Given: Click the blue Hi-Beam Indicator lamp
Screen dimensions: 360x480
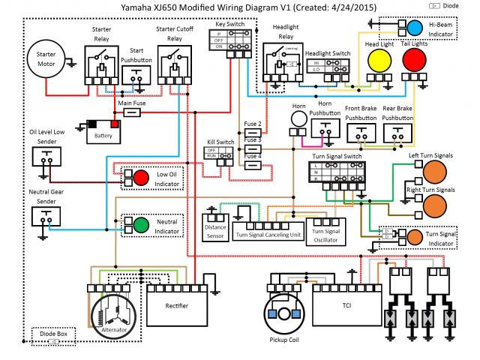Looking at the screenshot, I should tap(414, 28).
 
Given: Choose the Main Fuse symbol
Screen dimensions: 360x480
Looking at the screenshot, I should tap(132, 112).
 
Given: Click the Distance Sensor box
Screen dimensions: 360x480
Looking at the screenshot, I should tap(215, 227).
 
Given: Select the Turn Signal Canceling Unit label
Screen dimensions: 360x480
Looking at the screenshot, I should tap(268, 235).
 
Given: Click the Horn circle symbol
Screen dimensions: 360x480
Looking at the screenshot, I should tap(299, 118).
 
